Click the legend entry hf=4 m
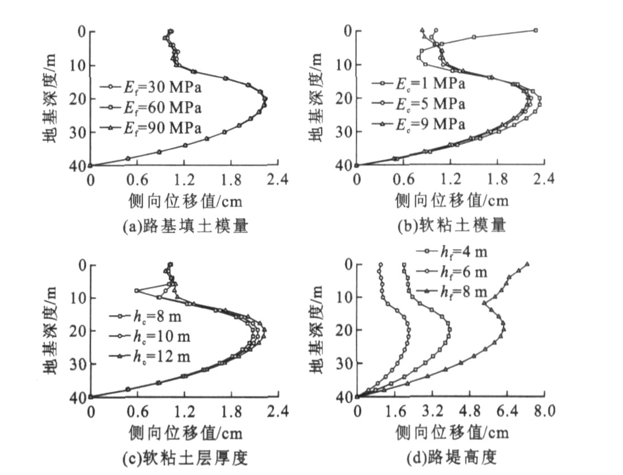pos(452,252)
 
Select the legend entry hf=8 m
pos(452,291)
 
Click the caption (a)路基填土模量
pos(185,226)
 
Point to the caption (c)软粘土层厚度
pos(185,459)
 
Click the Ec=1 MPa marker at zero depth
pos(535,30)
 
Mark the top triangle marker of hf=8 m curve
pos(527,264)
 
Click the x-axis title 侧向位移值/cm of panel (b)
pos(452,200)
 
